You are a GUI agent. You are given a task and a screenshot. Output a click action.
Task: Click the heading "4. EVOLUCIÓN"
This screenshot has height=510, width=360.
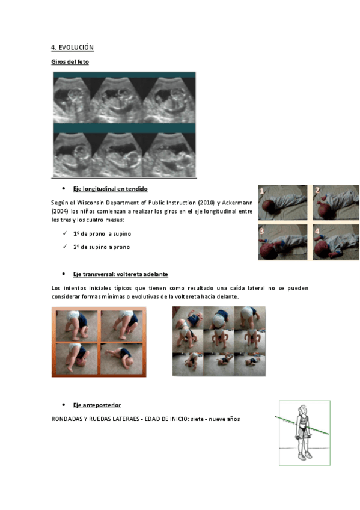tap(72, 48)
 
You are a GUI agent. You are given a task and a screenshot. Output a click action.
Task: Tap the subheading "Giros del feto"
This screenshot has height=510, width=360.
tap(70, 62)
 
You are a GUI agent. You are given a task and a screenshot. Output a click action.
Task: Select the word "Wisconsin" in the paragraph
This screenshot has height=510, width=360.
tap(90, 203)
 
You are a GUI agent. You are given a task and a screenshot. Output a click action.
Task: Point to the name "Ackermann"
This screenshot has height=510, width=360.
tap(237, 203)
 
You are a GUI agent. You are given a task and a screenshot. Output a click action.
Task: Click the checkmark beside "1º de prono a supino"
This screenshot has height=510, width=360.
tap(65, 233)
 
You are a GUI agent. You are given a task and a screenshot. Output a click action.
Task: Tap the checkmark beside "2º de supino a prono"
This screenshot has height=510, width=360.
tap(65, 247)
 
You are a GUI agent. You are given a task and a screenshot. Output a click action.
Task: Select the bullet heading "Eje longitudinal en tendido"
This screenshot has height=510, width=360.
tap(110, 189)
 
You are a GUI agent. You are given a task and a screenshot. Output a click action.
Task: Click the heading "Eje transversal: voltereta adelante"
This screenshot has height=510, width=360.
tap(121, 274)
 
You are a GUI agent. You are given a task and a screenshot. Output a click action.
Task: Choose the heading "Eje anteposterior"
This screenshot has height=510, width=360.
tap(97, 405)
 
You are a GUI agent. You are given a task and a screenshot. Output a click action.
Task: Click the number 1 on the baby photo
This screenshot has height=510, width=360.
tap(262, 191)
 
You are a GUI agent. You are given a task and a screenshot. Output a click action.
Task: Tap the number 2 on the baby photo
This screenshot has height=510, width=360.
tap(317, 190)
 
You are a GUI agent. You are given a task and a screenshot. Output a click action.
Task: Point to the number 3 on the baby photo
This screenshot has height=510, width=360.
tap(262, 231)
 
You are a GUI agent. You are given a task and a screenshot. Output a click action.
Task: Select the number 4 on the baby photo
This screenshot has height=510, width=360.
tap(317, 231)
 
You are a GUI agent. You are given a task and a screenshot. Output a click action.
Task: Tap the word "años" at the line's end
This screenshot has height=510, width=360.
tap(233, 419)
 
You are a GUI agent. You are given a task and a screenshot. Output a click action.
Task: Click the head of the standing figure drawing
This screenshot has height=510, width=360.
tap(303, 410)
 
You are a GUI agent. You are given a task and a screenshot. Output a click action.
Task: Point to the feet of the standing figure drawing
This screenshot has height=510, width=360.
tap(305, 456)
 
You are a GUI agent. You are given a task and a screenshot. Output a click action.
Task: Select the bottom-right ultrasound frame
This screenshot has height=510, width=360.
tap(169, 155)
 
